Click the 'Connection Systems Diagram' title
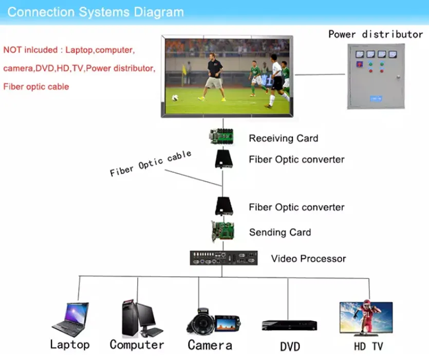click(x=95, y=12)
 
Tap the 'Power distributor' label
click(x=375, y=34)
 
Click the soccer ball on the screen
click(x=175, y=97)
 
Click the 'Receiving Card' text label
click(x=283, y=138)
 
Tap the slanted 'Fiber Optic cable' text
click(x=150, y=164)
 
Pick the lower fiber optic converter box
click(x=223, y=207)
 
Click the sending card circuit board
click(x=223, y=231)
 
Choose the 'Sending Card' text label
click(x=279, y=232)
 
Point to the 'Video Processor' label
click(x=308, y=259)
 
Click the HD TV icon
click(x=366, y=319)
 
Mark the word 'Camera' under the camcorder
click(x=210, y=345)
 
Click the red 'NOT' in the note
click(x=12, y=50)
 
